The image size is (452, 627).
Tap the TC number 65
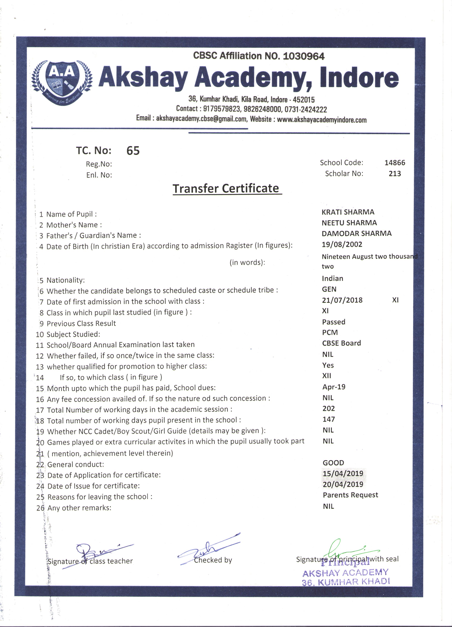[133, 151]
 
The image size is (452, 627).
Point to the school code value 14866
[394, 163]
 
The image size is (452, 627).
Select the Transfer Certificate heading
[226, 189]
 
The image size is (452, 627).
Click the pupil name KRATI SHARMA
[348, 212]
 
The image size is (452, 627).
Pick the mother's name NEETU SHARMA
[349, 223]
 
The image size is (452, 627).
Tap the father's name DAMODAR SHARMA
[356, 234]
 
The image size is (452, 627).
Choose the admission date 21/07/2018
[342, 300]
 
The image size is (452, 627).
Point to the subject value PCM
[330, 332]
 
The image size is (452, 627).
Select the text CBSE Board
[342, 343]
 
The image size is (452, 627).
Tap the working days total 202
[328, 408]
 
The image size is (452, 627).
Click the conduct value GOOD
[333, 463]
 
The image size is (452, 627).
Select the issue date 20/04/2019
[343, 484]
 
